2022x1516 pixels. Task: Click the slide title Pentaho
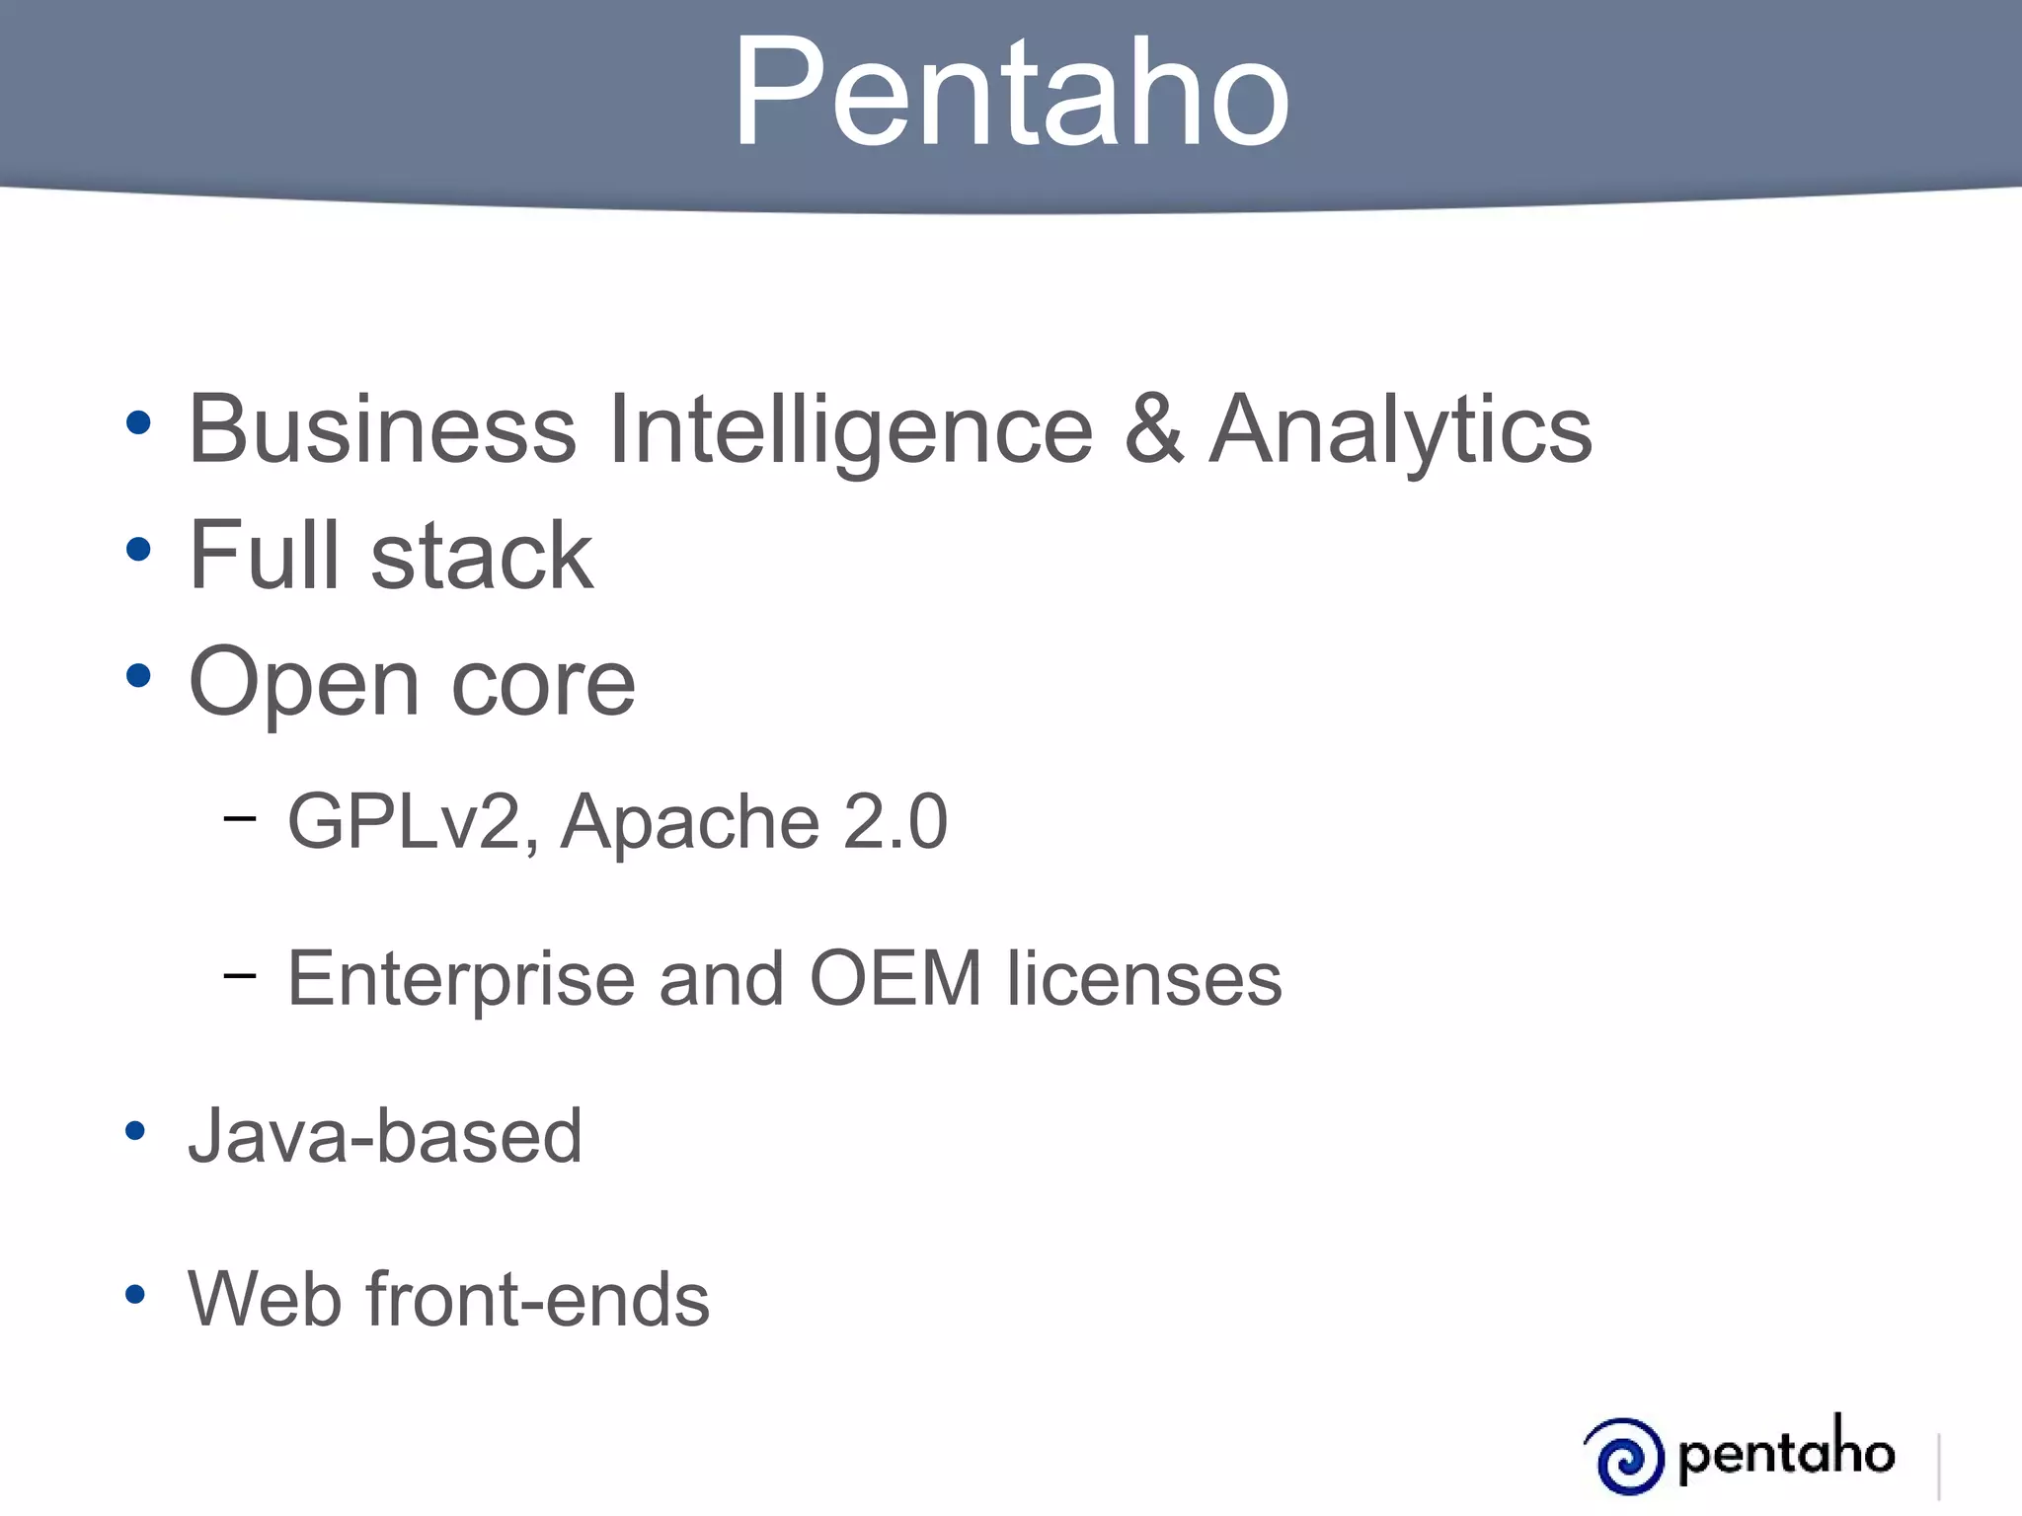[1010, 94]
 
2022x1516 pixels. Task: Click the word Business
[382, 429]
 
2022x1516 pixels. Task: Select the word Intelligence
[851, 431]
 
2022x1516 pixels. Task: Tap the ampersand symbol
[1153, 429]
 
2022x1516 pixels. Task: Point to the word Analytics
[1401, 431]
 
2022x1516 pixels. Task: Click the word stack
[482, 556]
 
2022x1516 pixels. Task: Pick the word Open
[304, 684]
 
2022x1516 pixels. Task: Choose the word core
[543, 684]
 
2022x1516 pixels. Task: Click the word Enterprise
[460, 979]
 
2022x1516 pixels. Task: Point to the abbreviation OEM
[895, 978]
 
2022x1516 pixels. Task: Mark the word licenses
[1144, 978]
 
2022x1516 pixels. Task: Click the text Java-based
[385, 1136]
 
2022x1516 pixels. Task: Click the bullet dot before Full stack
[138, 550]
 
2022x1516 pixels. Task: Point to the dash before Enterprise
[239, 976]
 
